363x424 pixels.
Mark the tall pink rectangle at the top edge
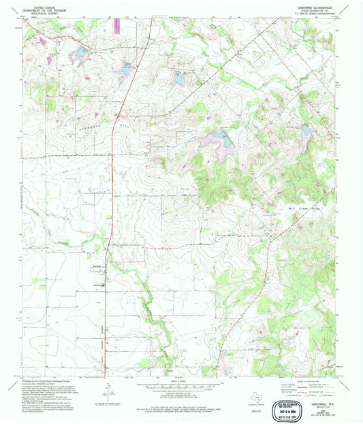(x=116, y=26)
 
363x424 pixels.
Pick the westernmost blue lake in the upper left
(x=80, y=52)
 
